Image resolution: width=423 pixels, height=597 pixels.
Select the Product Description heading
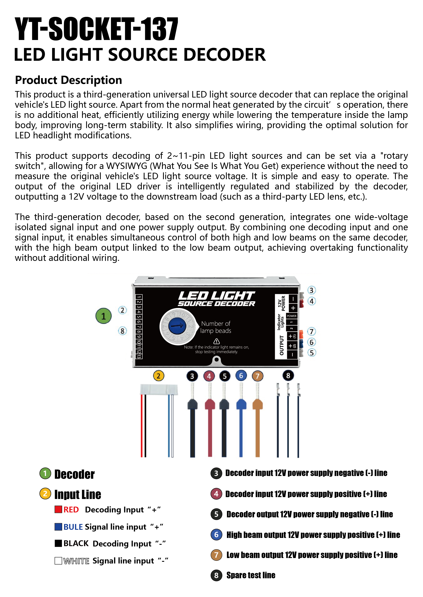pyautogui.click(x=69, y=80)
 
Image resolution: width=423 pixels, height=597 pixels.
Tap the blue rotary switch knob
pyautogui.click(x=177, y=326)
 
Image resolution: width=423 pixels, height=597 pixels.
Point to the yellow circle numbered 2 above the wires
pyautogui.click(x=158, y=376)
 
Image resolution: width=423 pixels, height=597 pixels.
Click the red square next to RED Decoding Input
pyautogui.click(x=58, y=509)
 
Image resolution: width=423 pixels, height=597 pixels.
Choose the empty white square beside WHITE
pyautogui.click(x=58, y=560)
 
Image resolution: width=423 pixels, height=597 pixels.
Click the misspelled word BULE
pyautogui.click(x=73, y=527)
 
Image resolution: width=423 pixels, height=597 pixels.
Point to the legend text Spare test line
pyautogui.click(x=251, y=575)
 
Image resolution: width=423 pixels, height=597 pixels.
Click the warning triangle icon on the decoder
pyautogui.click(x=217, y=341)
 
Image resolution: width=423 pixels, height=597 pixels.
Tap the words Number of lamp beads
pyautogui.click(x=216, y=327)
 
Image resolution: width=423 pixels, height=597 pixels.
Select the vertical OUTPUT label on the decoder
pyautogui.click(x=281, y=345)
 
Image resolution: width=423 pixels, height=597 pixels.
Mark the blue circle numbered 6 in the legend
pyautogui.click(x=216, y=535)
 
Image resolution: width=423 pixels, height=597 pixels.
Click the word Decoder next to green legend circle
pyautogui.click(x=75, y=474)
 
